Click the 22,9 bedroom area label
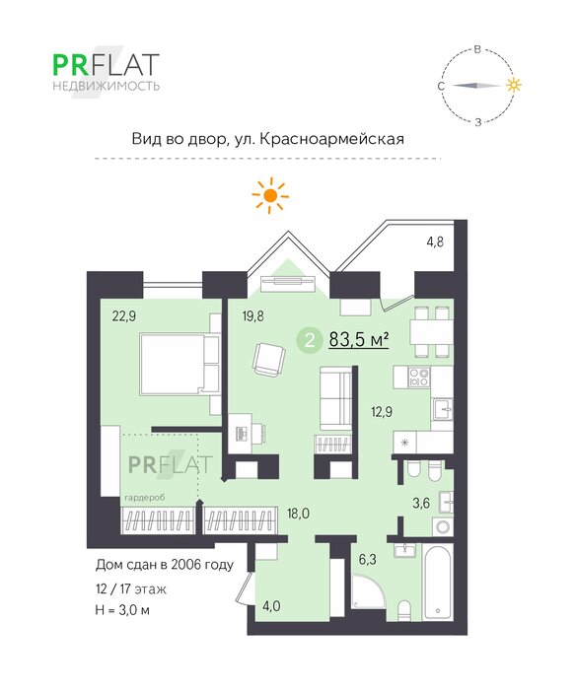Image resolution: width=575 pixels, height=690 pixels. pyautogui.click(x=124, y=316)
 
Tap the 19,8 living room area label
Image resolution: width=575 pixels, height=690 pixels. pyautogui.click(x=253, y=316)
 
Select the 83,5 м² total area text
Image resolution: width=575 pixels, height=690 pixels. pyautogui.click(x=359, y=339)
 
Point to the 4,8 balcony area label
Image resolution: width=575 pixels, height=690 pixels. pyautogui.click(x=435, y=241)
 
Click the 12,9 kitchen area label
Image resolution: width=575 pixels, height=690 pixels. pyautogui.click(x=382, y=412)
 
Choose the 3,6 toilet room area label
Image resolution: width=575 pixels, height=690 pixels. pyautogui.click(x=421, y=503)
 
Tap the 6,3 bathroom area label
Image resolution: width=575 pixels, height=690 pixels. pyautogui.click(x=368, y=559)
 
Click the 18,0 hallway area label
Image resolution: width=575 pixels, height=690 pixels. pyautogui.click(x=298, y=514)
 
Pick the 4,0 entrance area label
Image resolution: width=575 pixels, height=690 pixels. pyautogui.click(x=271, y=606)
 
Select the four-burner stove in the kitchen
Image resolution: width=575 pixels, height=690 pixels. pyautogui.click(x=419, y=378)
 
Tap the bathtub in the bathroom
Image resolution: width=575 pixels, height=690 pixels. pyautogui.click(x=437, y=582)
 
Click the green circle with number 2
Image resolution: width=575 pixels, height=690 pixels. pyautogui.click(x=310, y=340)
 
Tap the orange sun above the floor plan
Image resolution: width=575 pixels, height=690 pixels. pyautogui.click(x=270, y=195)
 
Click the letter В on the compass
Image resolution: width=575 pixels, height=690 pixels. pyautogui.click(x=477, y=49)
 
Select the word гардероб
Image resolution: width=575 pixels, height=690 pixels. pyautogui.click(x=145, y=498)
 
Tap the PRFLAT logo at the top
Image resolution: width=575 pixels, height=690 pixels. pyautogui.click(x=106, y=71)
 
